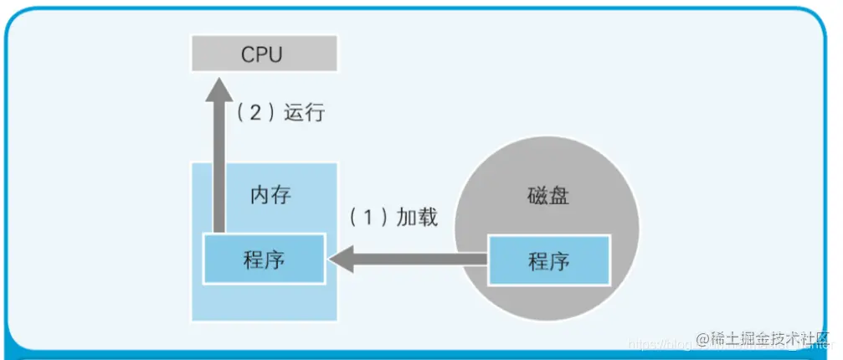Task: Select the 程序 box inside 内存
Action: tap(264, 259)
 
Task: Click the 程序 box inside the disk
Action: tap(548, 260)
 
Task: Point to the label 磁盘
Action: tap(549, 198)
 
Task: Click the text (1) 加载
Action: tap(392, 218)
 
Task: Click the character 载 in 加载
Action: tap(427, 218)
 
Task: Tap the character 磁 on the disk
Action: tap(538, 198)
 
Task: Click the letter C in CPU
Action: tap(249, 54)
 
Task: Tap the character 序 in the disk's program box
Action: tap(559, 260)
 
